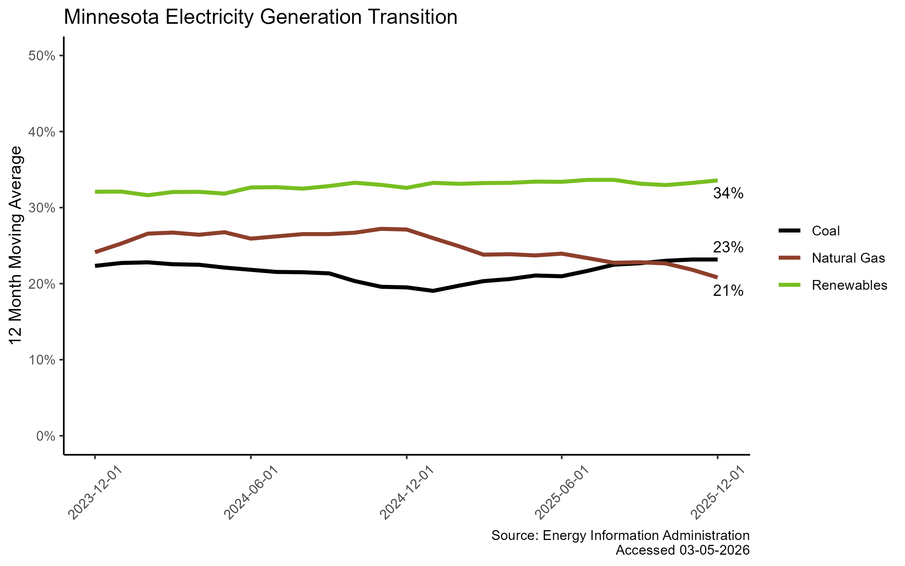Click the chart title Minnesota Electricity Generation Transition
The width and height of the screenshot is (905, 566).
(260, 17)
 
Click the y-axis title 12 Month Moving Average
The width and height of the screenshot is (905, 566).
(16, 245)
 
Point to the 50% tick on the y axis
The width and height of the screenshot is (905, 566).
(42, 56)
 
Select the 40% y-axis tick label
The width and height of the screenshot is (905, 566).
(42, 132)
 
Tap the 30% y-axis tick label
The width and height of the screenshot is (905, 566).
(42, 208)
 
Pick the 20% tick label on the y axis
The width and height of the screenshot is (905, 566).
(42, 284)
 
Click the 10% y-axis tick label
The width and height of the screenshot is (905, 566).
(42, 360)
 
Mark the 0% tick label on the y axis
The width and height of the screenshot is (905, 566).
(46, 436)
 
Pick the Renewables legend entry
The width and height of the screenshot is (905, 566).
(849, 285)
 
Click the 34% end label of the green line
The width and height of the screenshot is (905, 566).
(728, 194)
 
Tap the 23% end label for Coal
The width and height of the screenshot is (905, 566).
(728, 248)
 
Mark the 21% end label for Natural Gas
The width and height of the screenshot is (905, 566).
(728, 291)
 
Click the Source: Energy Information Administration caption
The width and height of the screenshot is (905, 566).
(620, 535)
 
